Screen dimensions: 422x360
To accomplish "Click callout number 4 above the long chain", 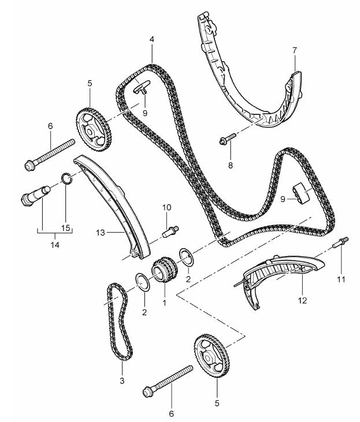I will coord(151,41).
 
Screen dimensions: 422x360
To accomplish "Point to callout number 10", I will coord(166,207).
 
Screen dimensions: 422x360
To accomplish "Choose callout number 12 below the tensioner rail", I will coord(303,300).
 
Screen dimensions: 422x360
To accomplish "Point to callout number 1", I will coord(164,301).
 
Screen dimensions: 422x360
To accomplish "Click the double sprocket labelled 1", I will coord(163,272).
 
